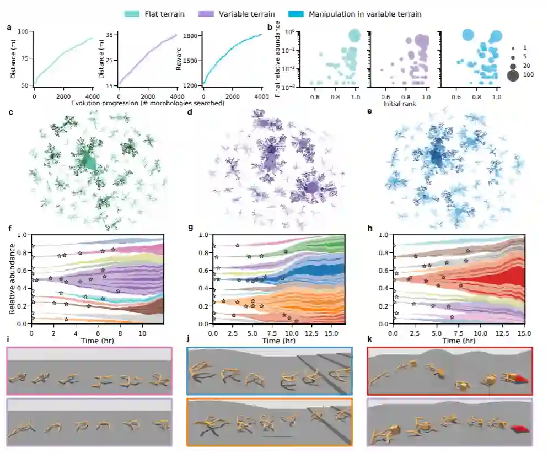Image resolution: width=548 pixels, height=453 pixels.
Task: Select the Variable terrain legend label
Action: pyautogui.click(x=257, y=14)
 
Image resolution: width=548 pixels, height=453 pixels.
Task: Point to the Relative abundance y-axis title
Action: pyautogui.click(x=12, y=279)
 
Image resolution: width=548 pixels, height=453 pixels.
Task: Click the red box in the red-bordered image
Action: pyautogui.click(x=520, y=379)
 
